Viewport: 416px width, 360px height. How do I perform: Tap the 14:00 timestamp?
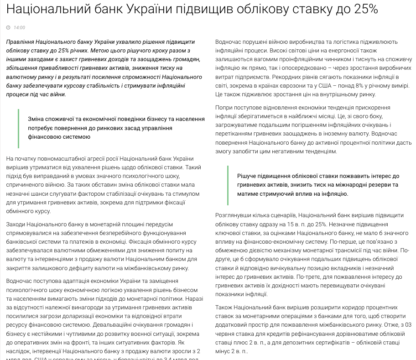(x=19, y=28)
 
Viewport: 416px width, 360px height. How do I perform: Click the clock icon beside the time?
(x=9, y=28)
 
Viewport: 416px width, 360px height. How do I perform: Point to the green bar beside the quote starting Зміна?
(x=19, y=128)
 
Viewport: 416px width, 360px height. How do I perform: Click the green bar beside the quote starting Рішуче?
(x=228, y=185)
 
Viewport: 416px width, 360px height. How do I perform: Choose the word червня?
(x=227, y=334)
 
